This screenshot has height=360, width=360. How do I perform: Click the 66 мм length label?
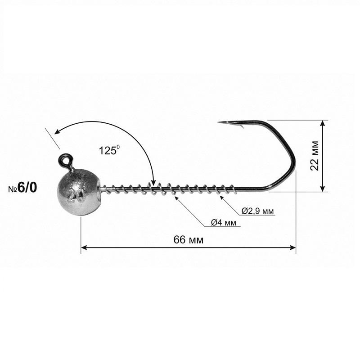pyautogui.click(x=188, y=240)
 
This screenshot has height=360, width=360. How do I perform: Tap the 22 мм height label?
pyautogui.click(x=315, y=155)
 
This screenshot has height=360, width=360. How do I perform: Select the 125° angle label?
pyautogui.click(x=109, y=151)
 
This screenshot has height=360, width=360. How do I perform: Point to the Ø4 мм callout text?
pyautogui.click(x=223, y=222)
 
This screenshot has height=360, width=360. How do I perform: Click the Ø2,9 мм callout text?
pyautogui.click(x=257, y=211)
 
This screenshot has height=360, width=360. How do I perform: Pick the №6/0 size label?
pyautogui.click(x=22, y=188)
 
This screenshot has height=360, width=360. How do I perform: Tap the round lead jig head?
pyautogui.click(x=78, y=193)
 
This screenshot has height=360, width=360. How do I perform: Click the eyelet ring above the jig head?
pyautogui.click(x=65, y=160)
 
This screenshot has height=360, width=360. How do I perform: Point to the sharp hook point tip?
pyautogui.click(x=218, y=122)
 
